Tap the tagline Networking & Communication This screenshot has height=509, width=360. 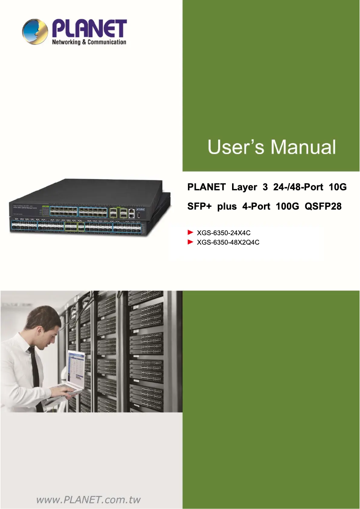point(89,42)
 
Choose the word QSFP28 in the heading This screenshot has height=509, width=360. point(323,207)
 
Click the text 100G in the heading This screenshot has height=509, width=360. point(284,207)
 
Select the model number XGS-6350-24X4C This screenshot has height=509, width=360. point(224,233)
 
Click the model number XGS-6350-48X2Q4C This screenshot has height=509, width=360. point(228,242)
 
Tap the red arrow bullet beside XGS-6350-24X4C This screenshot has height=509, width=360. point(190,233)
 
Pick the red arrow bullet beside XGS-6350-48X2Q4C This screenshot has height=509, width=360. point(190,242)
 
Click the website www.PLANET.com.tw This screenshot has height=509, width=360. point(88,500)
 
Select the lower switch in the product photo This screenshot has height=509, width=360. point(90,224)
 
